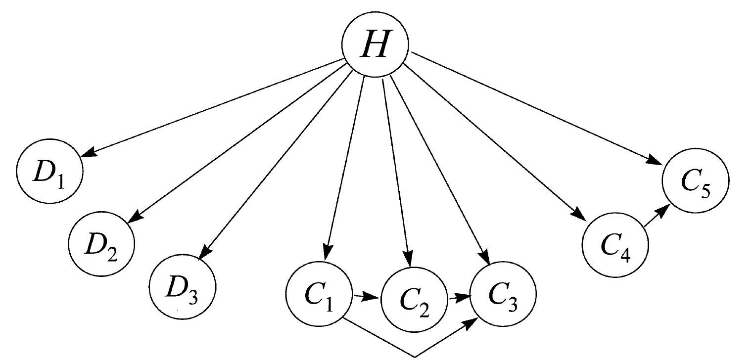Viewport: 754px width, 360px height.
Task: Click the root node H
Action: click(376, 45)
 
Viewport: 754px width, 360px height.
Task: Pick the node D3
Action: click(183, 289)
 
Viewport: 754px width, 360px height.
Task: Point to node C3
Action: click(503, 296)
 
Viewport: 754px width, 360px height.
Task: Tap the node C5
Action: click(696, 181)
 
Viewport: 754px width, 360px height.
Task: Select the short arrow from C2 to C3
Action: click(459, 298)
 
